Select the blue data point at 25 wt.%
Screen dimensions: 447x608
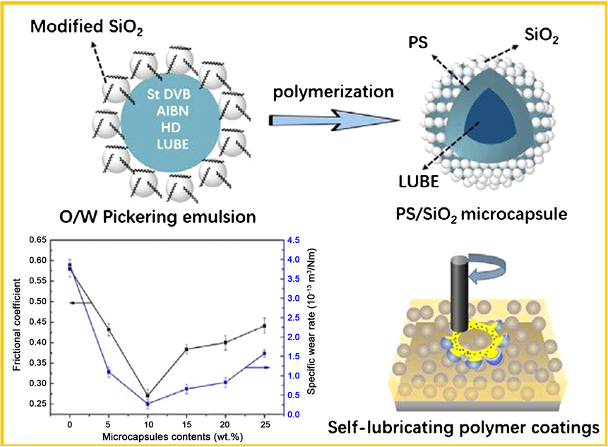264,353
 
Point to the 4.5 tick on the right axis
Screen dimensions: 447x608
293,241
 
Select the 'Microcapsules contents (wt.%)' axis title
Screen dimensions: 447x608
167,434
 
